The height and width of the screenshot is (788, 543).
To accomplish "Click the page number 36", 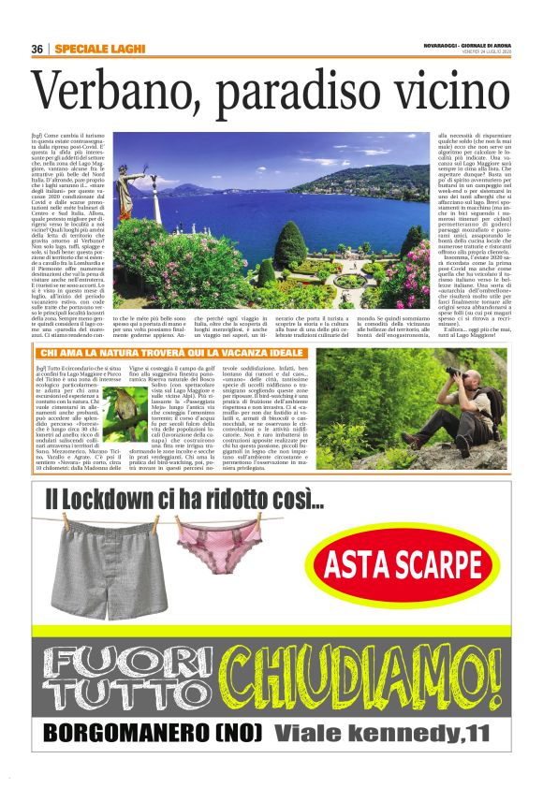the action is (x=37, y=49).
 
